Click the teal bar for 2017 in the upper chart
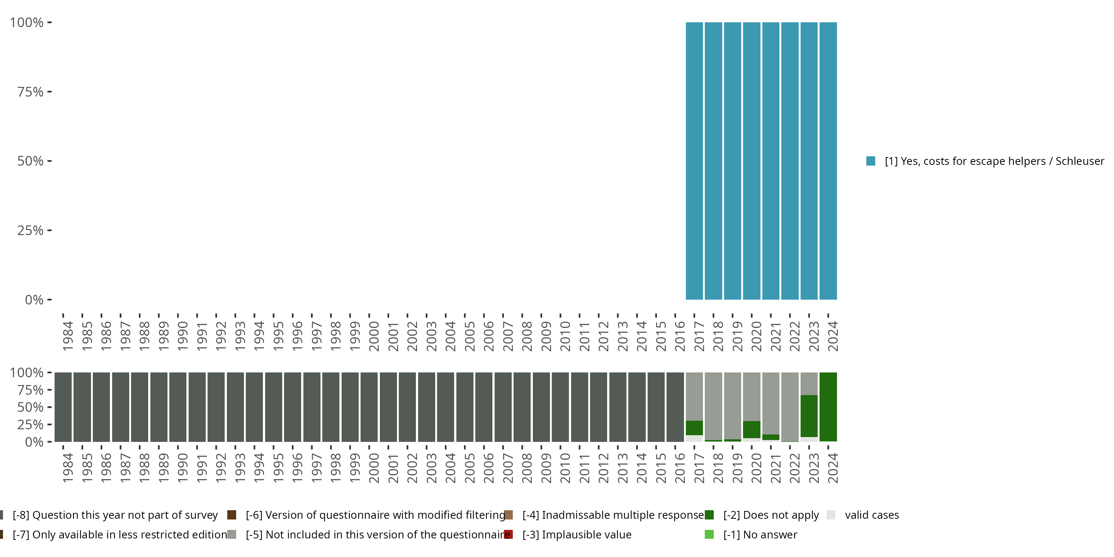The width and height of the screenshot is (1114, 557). (x=694, y=161)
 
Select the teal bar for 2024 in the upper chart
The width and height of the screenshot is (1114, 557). (x=828, y=161)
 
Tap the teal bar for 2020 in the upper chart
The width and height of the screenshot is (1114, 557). (x=752, y=161)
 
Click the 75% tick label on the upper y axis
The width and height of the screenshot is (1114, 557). (x=30, y=92)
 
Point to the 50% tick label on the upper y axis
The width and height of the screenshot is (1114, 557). (x=30, y=161)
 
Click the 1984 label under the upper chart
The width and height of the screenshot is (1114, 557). (x=68, y=336)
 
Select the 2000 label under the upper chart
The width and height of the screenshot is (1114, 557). (x=374, y=336)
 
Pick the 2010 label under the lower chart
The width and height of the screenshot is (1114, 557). (x=565, y=468)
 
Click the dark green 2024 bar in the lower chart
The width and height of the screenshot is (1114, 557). (x=828, y=407)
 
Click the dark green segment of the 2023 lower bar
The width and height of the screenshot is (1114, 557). (x=809, y=416)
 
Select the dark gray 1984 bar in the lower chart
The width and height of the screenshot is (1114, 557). (x=63, y=407)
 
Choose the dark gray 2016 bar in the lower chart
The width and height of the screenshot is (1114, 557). (x=675, y=407)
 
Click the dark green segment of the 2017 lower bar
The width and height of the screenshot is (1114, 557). (x=694, y=428)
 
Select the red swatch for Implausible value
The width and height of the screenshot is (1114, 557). (x=509, y=534)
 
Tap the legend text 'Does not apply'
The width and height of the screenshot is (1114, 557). (x=771, y=515)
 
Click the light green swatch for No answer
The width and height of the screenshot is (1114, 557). (x=709, y=534)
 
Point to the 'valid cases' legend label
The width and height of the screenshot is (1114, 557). (x=872, y=515)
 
